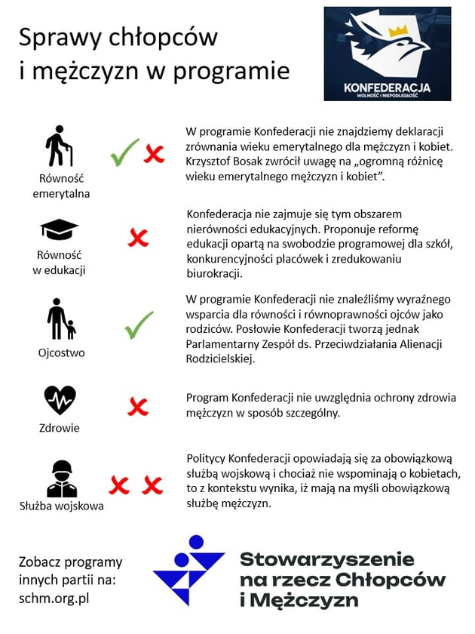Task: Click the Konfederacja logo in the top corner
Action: (387, 54)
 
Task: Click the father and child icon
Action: (61, 319)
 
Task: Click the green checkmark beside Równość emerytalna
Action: (124, 152)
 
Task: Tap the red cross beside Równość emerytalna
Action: (154, 155)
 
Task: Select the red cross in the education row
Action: (138, 239)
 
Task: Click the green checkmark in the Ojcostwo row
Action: (139, 325)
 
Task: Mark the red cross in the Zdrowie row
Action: (138, 408)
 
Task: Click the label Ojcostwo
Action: (62, 352)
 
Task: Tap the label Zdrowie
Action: (61, 428)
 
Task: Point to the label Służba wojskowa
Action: (62, 506)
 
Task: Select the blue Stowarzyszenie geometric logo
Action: (188, 569)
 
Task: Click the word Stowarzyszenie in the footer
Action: (326, 559)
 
